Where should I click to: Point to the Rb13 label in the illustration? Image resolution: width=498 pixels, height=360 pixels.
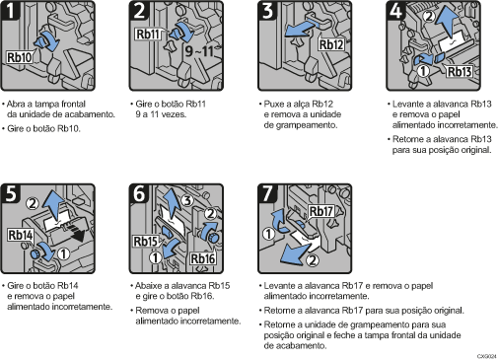(461, 72)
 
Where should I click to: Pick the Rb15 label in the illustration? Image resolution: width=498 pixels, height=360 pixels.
(146, 240)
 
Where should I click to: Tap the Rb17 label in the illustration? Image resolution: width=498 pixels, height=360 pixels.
(321, 210)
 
